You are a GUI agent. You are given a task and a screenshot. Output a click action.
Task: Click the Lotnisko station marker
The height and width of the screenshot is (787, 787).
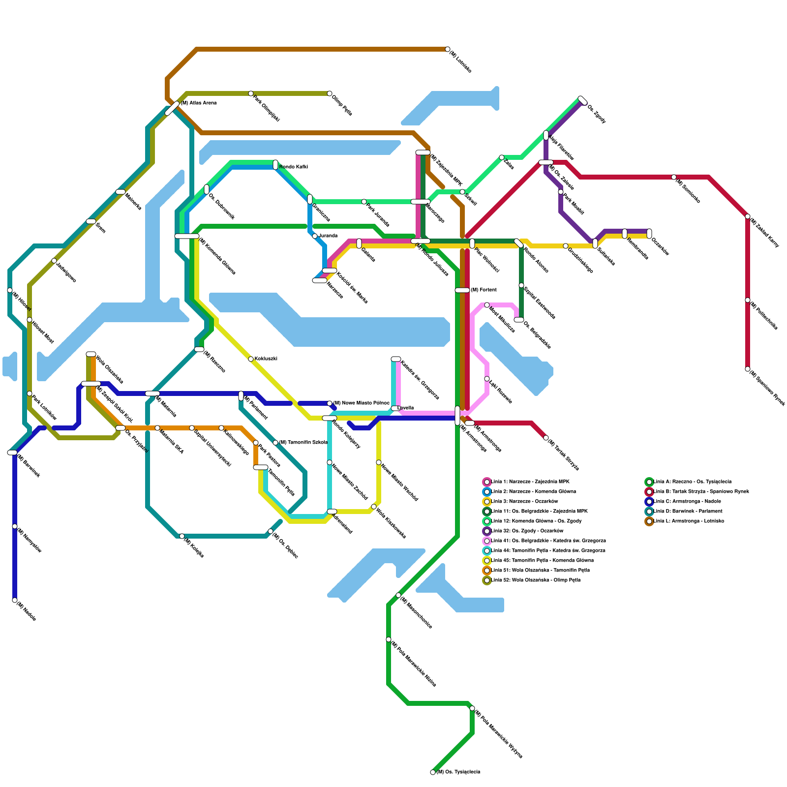pos(448,49)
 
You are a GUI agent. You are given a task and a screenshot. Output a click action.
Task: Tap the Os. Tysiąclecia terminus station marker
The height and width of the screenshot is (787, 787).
pos(433,772)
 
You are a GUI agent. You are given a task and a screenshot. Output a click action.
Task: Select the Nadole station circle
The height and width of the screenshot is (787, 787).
pos(15,600)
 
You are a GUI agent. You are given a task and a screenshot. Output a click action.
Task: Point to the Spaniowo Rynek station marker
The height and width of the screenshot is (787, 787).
pos(748,369)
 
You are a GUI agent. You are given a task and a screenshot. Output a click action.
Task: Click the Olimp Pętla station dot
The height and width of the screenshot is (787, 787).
pos(330,93)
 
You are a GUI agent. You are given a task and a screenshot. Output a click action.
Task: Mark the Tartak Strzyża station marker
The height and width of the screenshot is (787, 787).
pos(546,438)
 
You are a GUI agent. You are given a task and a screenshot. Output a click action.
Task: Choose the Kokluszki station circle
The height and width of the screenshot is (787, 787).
pos(251,359)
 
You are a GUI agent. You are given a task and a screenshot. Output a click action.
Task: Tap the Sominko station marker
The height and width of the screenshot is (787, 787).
pos(674,177)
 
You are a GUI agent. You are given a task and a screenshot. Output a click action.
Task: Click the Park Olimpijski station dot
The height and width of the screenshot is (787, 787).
pos(251,93)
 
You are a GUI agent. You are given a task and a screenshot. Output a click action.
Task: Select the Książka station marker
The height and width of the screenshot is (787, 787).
pos(182,536)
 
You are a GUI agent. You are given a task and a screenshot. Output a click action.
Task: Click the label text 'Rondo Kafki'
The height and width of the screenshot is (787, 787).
pos(293,167)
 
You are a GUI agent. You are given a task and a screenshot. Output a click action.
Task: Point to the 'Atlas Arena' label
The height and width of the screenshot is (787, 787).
pos(199,103)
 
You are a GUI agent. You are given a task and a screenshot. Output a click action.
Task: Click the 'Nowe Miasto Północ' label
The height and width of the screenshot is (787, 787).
pos(361,403)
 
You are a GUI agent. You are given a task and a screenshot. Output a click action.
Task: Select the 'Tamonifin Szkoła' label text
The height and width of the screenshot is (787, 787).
pos(303,443)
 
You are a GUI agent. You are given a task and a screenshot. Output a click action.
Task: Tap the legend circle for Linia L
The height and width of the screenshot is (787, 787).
pos(649,521)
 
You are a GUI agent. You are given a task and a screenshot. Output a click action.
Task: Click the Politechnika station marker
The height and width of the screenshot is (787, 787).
pos(748,300)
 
